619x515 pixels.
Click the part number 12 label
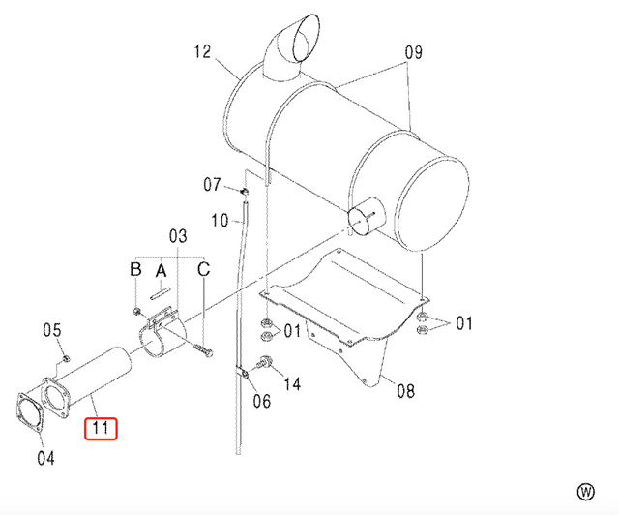click(201, 51)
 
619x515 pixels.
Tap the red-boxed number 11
click(102, 426)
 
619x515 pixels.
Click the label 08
click(404, 391)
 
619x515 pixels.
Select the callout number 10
click(220, 221)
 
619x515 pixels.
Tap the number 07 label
click(213, 184)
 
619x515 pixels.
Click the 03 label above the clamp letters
click(177, 235)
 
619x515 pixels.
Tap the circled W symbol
click(585, 490)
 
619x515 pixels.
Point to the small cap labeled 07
click(246, 193)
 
